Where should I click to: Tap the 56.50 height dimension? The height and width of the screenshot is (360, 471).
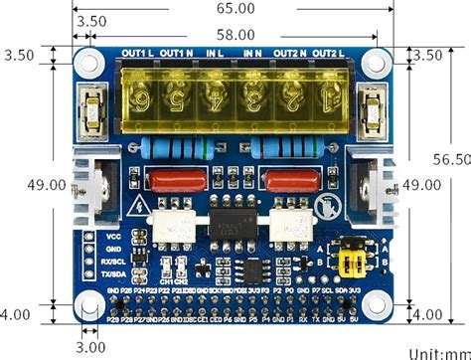449,158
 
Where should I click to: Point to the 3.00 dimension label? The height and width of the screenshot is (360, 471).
91,346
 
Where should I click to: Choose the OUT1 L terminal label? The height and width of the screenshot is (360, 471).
137,52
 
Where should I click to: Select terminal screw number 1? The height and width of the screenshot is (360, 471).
324,99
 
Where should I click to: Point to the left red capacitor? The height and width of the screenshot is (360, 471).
172,182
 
